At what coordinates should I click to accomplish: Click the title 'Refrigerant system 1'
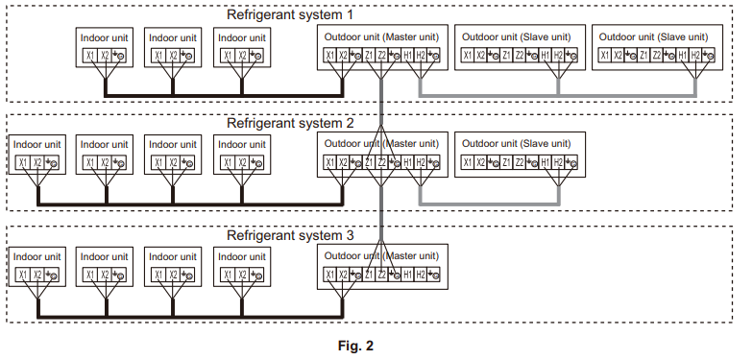click(289, 14)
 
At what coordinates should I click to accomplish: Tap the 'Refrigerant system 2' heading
click(289, 124)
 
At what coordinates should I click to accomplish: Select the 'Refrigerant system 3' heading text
click(289, 235)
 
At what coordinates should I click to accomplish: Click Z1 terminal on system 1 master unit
click(370, 56)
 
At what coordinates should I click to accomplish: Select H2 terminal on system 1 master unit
click(421, 56)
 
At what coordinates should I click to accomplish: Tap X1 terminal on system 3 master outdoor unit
click(329, 276)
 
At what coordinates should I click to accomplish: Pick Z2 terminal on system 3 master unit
click(382, 276)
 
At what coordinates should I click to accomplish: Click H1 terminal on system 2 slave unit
click(546, 163)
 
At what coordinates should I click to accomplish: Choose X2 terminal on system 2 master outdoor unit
click(343, 163)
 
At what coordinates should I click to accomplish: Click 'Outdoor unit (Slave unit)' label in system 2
click(520, 144)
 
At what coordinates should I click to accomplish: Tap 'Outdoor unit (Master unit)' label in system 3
click(381, 255)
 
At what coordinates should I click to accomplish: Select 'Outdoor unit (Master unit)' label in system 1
click(381, 36)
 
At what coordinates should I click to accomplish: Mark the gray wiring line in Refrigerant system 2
click(490, 204)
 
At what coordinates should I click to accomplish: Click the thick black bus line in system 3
click(192, 316)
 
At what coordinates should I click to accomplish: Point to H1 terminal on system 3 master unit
click(408, 276)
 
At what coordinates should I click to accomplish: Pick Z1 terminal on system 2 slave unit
click(506, 163)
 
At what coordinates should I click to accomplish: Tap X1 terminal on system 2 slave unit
click(467, 163)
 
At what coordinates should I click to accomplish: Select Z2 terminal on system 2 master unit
click(382, 163)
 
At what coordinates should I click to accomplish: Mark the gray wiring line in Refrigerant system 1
click(557, 95)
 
